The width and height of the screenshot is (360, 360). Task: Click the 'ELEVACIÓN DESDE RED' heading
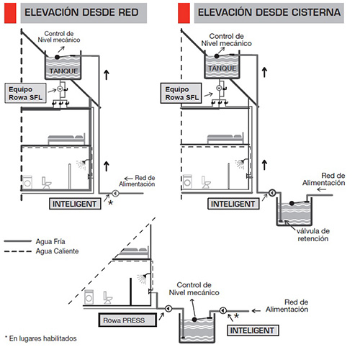81,12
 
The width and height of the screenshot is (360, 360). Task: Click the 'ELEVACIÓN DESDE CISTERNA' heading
269,12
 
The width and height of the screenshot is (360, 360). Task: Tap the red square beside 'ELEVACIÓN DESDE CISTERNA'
184,13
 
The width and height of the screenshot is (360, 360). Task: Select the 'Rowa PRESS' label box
127,320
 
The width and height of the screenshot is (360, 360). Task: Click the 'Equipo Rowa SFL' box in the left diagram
25,93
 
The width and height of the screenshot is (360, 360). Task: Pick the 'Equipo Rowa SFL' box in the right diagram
181,93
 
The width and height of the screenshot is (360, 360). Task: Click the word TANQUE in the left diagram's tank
63,71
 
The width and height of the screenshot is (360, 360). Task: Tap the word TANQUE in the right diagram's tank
222,68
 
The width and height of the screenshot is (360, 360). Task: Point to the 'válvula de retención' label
313,235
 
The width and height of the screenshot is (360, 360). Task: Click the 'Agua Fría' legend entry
50,241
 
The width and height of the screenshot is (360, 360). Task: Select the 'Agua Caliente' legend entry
57,251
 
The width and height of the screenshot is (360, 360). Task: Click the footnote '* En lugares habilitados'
41,338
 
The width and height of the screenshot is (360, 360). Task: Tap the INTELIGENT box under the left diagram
75,204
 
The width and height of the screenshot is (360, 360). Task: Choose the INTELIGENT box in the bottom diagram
253,330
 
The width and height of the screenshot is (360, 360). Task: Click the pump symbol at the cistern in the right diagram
272,193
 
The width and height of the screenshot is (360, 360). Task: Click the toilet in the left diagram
46,183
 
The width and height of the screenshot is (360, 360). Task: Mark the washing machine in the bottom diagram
89,297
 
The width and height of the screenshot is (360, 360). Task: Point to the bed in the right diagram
225,138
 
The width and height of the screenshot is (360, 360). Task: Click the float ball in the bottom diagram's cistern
194,320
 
